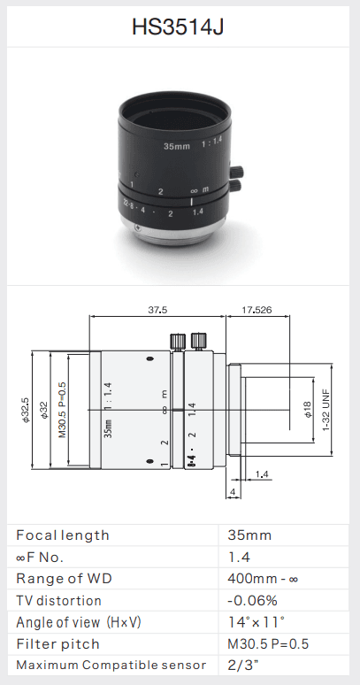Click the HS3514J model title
coord(178,27)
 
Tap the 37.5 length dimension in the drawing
coord(157,310)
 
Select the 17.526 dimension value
coord(257,310)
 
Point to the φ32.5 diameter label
coord(26,410)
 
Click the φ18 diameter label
coord(308,410)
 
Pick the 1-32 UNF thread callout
coord(326,410)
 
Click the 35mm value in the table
coord(249,535)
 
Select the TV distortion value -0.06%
coord(252,601)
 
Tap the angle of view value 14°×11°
coord(257,622)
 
